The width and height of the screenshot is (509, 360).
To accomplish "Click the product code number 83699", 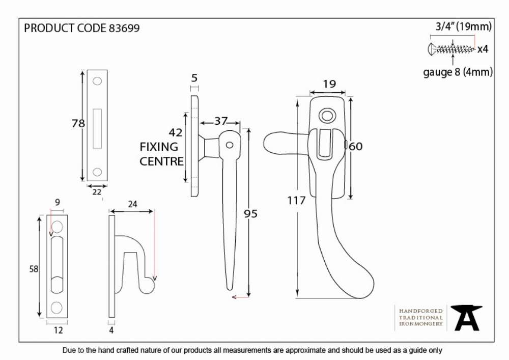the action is [124, 28].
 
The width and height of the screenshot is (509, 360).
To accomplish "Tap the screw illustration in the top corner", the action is [451, 49].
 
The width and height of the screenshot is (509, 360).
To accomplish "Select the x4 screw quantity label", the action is [483, 49].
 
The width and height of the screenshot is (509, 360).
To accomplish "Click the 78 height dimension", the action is [78, 123].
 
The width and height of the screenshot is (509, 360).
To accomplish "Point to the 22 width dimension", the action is [97, 192].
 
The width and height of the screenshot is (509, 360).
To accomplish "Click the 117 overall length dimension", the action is [296, 201].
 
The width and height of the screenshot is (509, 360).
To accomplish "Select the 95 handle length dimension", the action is [250, 213].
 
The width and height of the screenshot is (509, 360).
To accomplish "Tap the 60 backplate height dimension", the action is [356, 147].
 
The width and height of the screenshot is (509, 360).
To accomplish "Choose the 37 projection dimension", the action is [221, 121].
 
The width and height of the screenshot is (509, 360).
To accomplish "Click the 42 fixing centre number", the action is [176, 132].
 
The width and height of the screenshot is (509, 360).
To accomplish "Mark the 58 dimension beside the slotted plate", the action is [34, 269].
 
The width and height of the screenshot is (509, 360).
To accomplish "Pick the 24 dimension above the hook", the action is [132, 204].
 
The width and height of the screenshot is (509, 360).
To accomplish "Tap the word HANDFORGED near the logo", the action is [421, 311].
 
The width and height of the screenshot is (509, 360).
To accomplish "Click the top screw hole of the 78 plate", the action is [97, 81].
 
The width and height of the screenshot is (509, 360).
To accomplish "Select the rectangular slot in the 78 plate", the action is [97, 128].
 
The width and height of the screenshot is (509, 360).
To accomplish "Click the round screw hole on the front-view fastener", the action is [327, 116].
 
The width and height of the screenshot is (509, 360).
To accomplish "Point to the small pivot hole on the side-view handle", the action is [230, 145].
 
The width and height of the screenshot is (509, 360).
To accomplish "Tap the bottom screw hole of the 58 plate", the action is [56, 308].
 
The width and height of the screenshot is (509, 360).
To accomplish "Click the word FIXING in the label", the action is [159, 147].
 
